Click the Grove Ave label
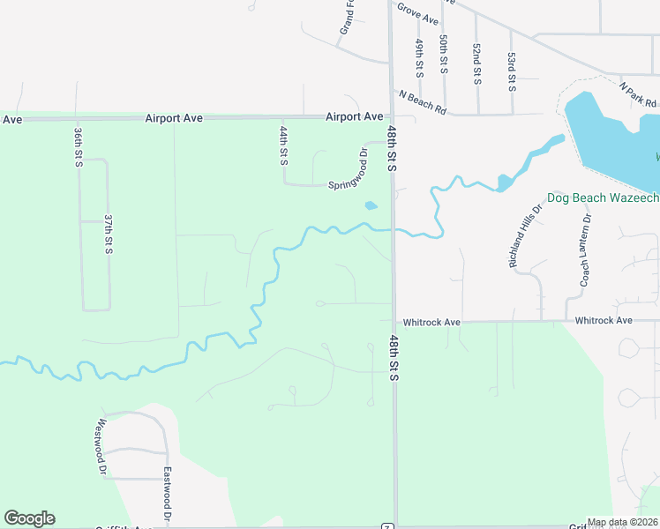pos(417,13)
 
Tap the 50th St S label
pos(445,55)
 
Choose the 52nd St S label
pos(476,63)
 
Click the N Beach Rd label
pos(423,101)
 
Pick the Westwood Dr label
pos(101,447)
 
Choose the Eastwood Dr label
pos(166,492)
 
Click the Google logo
pos(29,518)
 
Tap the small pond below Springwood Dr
pos(371,206)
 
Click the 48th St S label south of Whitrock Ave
pos(394,357)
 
